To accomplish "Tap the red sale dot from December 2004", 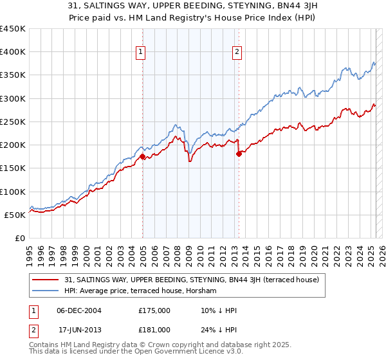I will [143, 156].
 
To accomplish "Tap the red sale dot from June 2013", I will [239, 154].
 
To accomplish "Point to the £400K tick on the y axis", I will [13, 52].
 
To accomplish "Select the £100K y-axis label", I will [13, 192].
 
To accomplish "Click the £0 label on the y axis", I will [19, 238].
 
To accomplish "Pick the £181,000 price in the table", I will [154, 330].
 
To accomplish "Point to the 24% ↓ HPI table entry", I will [219, 330].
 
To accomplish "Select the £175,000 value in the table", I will [154, 310].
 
